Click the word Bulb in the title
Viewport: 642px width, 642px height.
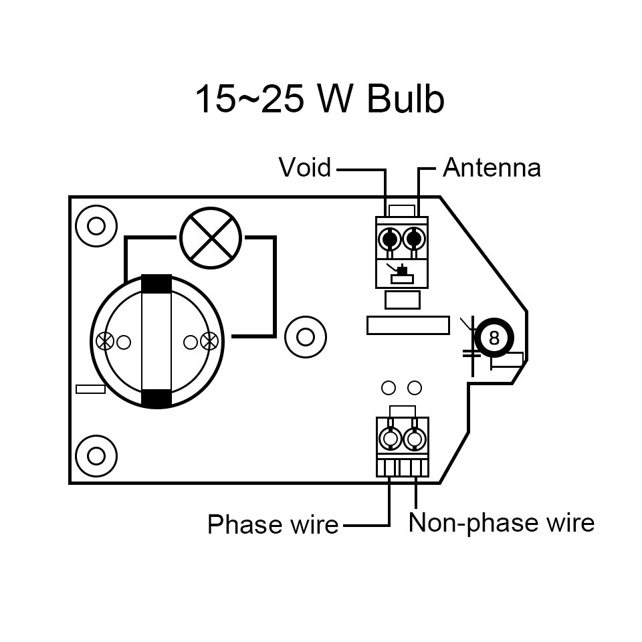(x=406, y=100)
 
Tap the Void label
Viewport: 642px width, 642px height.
(x=305, y=167)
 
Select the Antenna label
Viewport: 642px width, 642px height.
(x=492, y=167)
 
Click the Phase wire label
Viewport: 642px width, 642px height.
(x=273, y=524)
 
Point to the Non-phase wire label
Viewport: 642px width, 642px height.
(x=502, y=522)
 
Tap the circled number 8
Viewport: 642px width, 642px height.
(x=494, y=338)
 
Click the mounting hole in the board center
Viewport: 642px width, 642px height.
(x=305, y=336)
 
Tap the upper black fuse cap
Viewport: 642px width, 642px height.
(x=156, y=284)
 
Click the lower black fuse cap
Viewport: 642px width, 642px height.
(x=156, y=399)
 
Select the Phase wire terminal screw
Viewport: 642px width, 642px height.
(x=389, y=439)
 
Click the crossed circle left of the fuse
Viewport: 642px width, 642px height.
(x=105, y=341)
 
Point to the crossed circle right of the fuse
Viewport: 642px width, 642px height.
(x=209, y=341)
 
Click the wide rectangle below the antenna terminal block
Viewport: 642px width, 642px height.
(x=408, y=324)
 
